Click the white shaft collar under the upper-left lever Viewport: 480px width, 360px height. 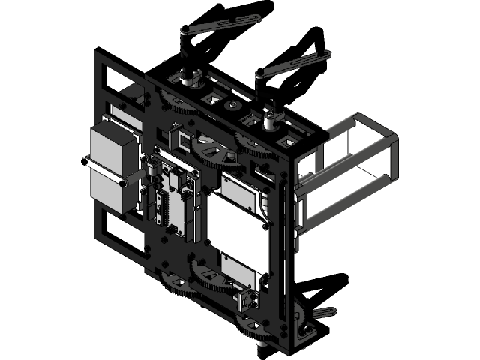[x=188, y=76]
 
